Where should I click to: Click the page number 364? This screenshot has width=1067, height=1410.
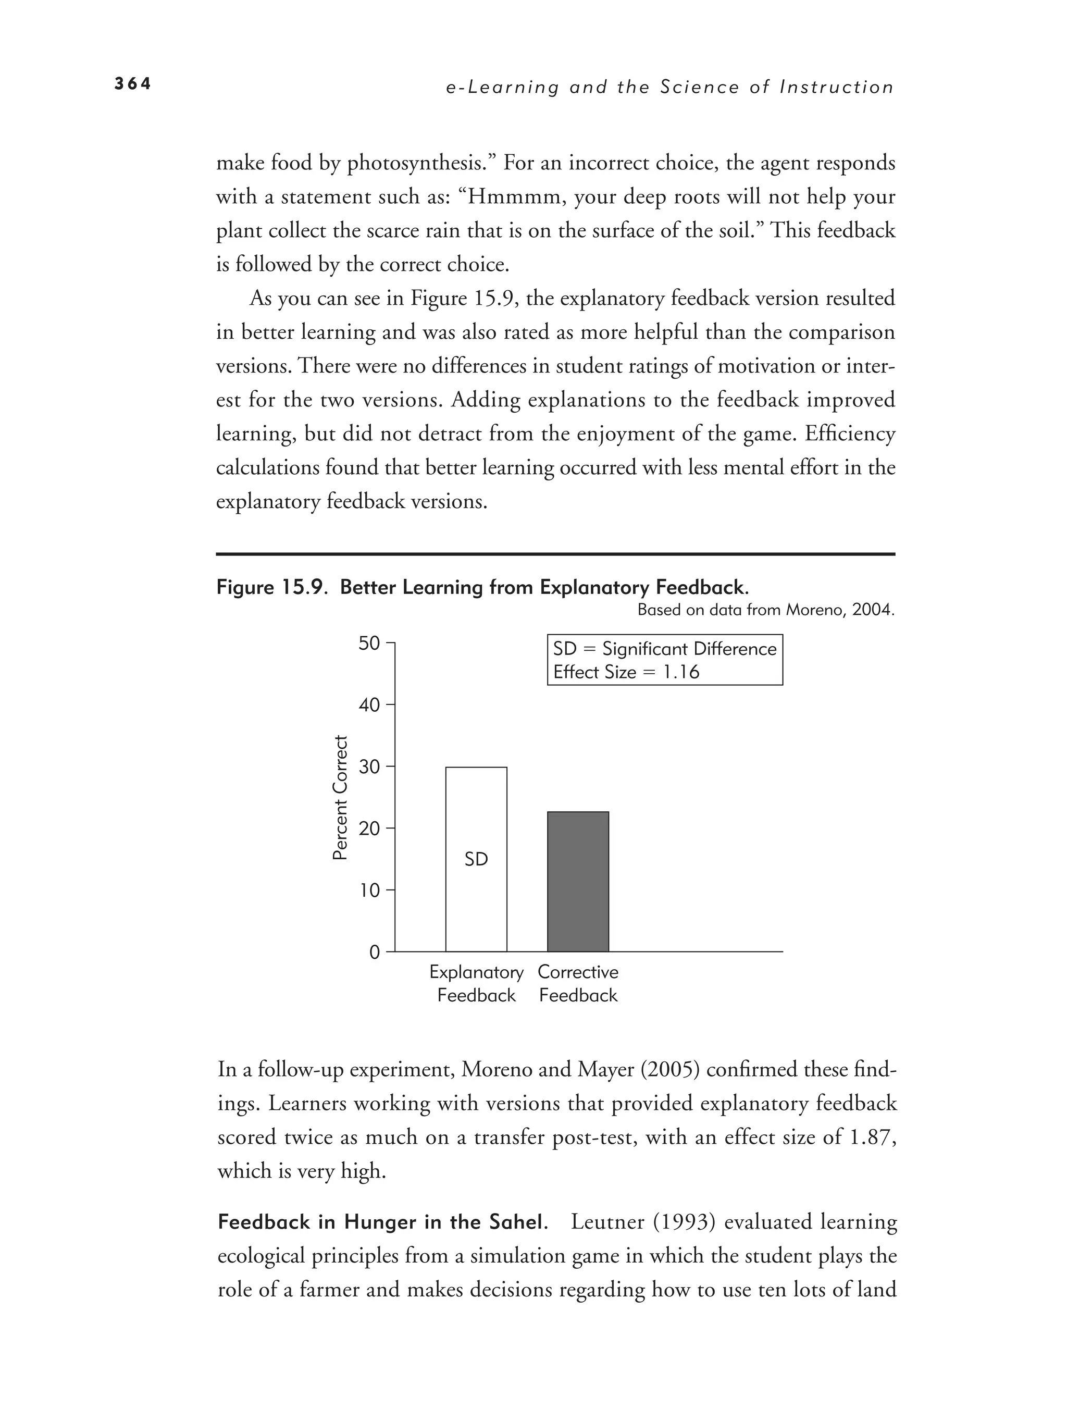[132, 83]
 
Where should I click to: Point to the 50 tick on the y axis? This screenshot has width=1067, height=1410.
[369, 644]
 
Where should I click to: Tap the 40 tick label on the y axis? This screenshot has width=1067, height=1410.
[369, 705]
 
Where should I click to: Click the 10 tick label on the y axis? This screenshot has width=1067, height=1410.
[369, 890]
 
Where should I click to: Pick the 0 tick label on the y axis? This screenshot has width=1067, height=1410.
[374, 953]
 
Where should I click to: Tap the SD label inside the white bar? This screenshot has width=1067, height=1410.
[476, 859]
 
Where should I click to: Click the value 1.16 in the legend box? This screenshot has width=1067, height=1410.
[681, 672]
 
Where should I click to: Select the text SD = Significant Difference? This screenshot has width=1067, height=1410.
[664, 649]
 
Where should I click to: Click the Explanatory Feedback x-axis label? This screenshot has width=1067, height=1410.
[476, 984]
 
